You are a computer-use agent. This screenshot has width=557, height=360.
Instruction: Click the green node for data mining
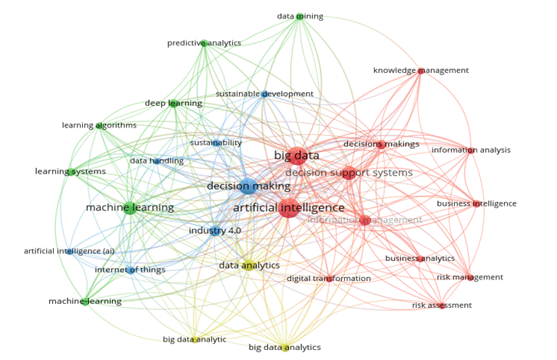300,16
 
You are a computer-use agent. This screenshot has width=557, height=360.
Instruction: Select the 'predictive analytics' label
204,43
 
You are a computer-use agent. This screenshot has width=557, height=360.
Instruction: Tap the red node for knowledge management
420,71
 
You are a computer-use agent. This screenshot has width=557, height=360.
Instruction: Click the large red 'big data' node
297,156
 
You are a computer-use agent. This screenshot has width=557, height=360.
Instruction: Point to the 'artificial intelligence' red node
289,207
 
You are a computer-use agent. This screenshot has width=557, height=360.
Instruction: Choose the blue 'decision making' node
248,186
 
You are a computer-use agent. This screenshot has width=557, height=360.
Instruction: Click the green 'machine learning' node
130,207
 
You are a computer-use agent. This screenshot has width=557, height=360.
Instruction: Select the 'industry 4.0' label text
214,230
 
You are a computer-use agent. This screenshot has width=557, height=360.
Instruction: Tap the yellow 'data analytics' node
249,266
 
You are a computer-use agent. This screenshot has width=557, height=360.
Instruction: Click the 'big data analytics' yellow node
284,348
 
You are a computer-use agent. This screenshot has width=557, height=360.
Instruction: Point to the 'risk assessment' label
442,305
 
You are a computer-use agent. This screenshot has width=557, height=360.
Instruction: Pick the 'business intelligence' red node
476,203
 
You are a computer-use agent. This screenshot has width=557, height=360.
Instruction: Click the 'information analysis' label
471,150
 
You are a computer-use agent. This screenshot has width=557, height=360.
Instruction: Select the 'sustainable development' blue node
264,94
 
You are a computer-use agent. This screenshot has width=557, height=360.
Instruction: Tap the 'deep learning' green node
174,103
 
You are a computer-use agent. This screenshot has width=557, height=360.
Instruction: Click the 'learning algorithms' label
99,125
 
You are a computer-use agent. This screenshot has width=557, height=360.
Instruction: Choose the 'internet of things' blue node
131,270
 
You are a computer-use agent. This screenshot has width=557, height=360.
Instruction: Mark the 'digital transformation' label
329,278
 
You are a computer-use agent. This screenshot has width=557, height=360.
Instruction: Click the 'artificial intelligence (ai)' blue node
69,251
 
